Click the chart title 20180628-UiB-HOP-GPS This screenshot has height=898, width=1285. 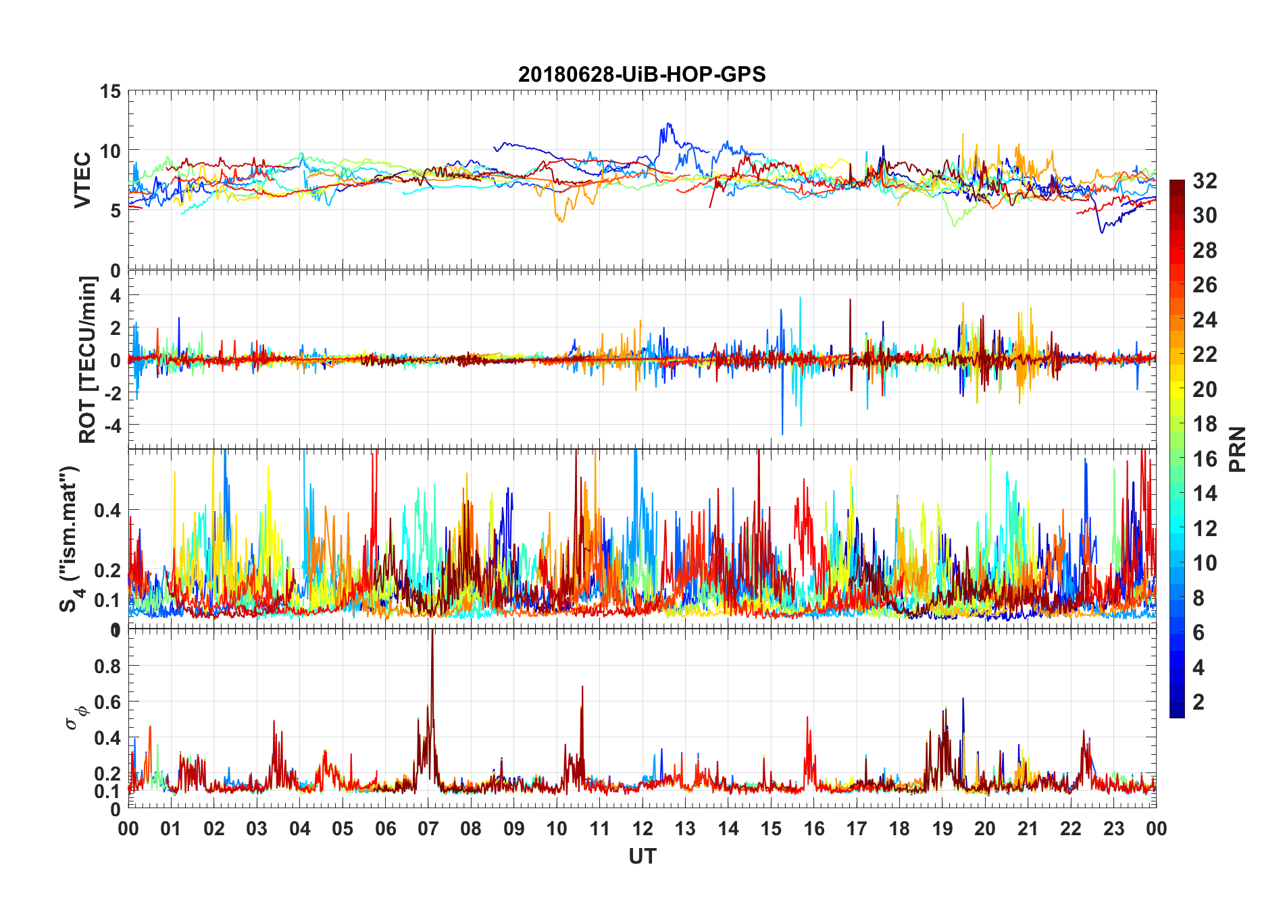(x=642, y=74)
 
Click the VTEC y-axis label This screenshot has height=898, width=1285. (x=82, y=180)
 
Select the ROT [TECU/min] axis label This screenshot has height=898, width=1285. (x=88, y=359)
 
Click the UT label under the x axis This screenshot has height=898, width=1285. (x=642, y=856)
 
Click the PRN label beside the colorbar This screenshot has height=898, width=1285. (x=1237, y=449)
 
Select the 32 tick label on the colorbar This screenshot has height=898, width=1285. (x=1205, y=180)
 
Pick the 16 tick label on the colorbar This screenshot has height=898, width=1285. (x=1205, y=458)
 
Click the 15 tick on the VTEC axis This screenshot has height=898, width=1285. (x=110, y=92)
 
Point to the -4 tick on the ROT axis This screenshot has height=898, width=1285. (x=110, y=425)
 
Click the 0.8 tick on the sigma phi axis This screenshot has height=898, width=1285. (x=107, y=666)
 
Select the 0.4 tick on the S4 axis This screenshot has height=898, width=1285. (x=107, y=510)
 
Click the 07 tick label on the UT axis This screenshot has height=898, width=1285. (x=428, y=828)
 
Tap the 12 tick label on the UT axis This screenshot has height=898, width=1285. (x=642, y=828)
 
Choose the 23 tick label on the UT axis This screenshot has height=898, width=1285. (x=1113, y=828)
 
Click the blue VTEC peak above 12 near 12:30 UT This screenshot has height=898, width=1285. (x=668, y=124)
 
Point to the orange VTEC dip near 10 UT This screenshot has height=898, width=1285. (x=560, y=220)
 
